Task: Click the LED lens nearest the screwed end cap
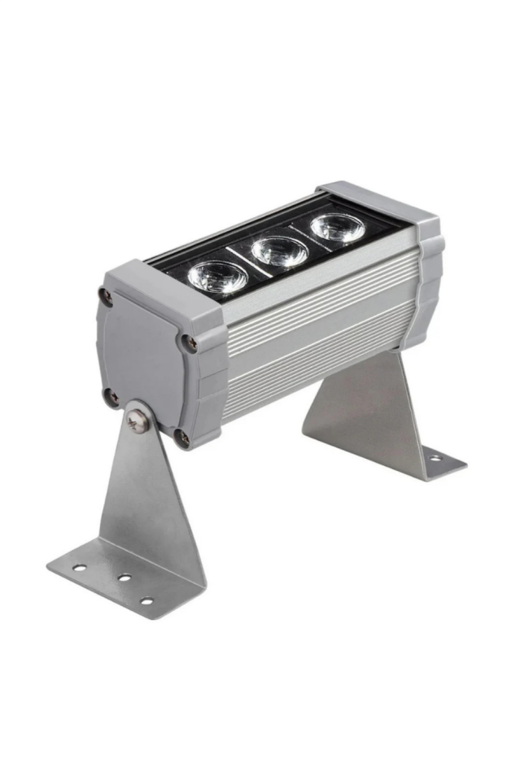[217, 277]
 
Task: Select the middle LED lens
[279, 251]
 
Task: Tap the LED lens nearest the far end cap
[337, 228]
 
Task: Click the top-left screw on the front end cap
[106, 295]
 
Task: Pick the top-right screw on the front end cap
[189, 343]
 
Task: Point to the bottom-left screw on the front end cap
[111, 397]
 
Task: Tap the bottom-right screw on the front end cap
[182, 438]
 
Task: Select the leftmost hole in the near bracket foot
[80, 567]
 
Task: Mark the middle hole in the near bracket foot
[125, 578]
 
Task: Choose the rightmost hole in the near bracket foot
[146, 601]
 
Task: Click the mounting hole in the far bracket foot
[436, 457]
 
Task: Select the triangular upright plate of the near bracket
[151, 504]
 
